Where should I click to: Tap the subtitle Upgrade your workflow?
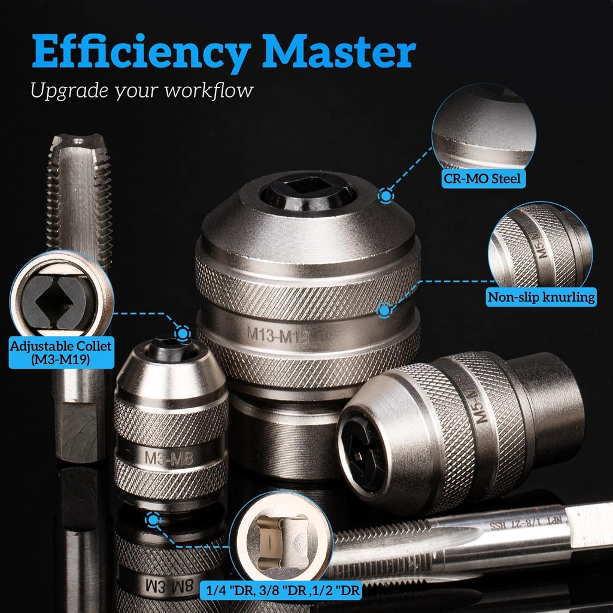(x=142, y=91)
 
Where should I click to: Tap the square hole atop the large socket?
(x=308, y=190)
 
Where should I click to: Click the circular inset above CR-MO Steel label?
(x=484, y=128)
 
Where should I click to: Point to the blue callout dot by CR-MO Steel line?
(x=387, y=196)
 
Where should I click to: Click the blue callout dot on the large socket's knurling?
(x=384, y=309)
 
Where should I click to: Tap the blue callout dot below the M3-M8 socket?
(x=154, y=520)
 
